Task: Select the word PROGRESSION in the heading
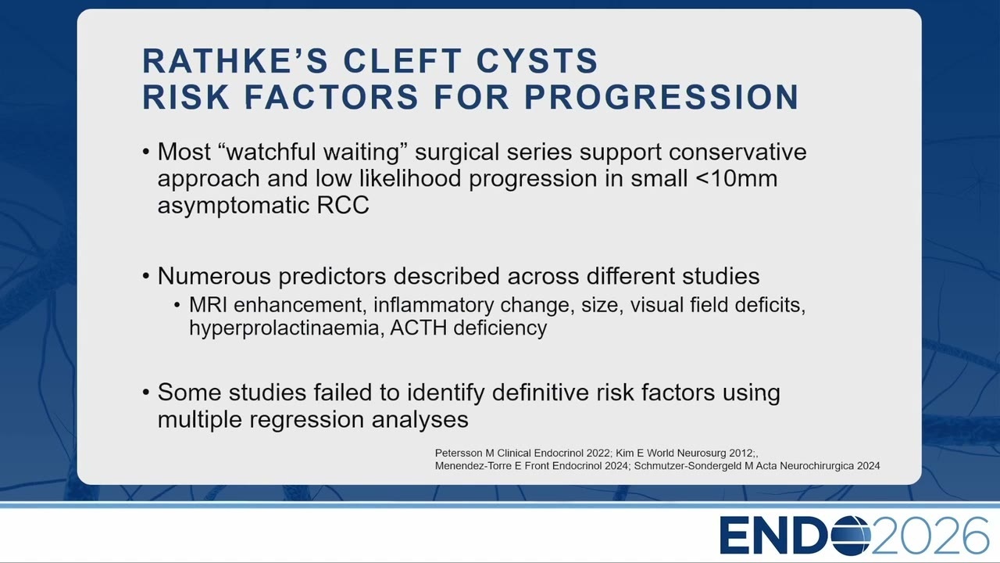(x=661, y=97)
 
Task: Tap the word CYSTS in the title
(x=537, y=60)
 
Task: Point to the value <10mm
(x=736, y=178)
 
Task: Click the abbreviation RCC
(x=343, y=206)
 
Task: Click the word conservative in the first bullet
(x=737, y=152)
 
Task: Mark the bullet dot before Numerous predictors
(x=146, y=276)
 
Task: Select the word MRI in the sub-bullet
(x=208, y=305)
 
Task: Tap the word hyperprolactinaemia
(x=287, y=328)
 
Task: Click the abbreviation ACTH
(x=418, y=328)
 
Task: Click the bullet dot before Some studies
(x=146, y=393)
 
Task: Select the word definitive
(x=540, y=393)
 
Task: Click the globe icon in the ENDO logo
(x=851, y=535)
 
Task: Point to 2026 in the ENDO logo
(x=930, y=536)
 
